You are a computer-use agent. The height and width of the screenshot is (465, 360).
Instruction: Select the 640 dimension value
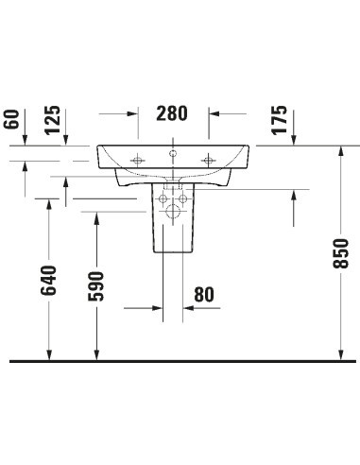point(49,282)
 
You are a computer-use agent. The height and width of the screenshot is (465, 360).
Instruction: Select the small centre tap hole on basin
point(174,152)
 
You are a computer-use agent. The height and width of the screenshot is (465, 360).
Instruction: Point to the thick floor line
point(180,361)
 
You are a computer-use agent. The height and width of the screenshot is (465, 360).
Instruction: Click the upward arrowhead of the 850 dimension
point(341,152)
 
